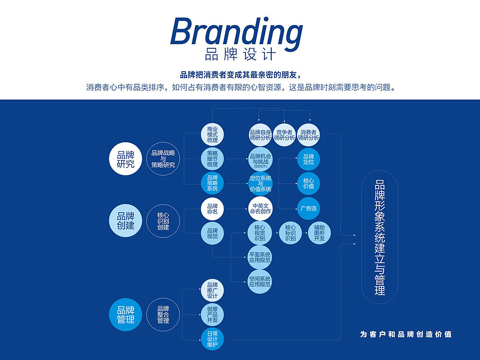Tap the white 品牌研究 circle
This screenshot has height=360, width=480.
pyautogui.click(x=125, y=159)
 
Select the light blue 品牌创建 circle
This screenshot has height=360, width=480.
pyautogui.click(x=125, y=220)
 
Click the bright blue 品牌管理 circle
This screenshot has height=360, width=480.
pyautogui.click(x=125, y=315)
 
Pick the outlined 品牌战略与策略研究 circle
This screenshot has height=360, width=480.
pyautogui.click(x=163, y=159)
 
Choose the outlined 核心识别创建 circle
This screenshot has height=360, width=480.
pyautogui.click(x=163, y=221)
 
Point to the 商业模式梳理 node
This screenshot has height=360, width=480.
pyautogui.click(x=213, y=135)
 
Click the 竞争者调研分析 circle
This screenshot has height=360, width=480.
pyautogui.click(x=284, y=135)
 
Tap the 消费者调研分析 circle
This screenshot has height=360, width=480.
pyautogui.click(x=309, y=135)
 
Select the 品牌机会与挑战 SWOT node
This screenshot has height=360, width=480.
pyautogui.click(x=260, y=159)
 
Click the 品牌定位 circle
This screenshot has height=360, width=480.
pyautogui.click(x=309, y=159)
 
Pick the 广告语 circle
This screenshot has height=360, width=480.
pyautogui.click(x=309, y=208)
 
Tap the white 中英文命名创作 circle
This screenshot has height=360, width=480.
pyautogui.click(x=260, y=208)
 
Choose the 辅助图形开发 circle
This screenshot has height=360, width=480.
pyautogui.click(x=319, y=233)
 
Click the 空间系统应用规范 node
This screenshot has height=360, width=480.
pyautogui.click(x=260, y=282)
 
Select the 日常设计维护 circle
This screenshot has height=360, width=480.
pyautogui.click(x=213, y=339)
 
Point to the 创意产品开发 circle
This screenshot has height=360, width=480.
pyautogui.click(x=213, y=315)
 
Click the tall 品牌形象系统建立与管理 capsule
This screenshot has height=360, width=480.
pyautogui.click(x=380, y=237)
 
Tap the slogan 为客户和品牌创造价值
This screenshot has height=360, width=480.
pyautogui.click(x=406, y=334)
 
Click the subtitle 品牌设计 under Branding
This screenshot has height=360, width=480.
pyautogui.click(x=240, y=54)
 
